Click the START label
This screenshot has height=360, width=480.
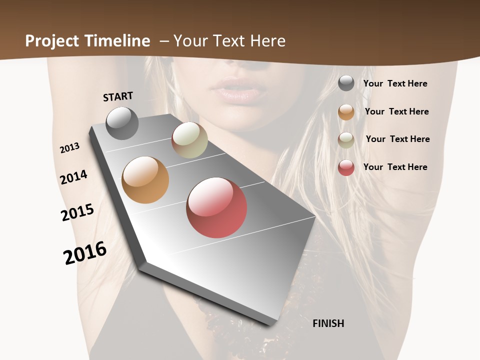click(118, 96)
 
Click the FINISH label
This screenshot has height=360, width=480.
click(328, 323)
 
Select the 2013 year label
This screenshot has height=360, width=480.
click(69, 148)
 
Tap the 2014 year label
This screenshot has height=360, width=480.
click(73, 177)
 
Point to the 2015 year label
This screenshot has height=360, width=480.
click(77, 212)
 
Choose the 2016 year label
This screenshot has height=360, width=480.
click(85, 253)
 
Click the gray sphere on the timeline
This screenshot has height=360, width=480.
click(122, 123)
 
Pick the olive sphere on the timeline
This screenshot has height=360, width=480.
click(189, 140)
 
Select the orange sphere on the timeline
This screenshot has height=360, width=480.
click(145, 179)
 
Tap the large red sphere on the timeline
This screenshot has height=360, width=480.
click(216, 207)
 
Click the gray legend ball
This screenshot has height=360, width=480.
click(346, 83)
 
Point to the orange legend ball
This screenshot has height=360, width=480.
click(346, 112)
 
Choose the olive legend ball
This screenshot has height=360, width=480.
click(346, 140)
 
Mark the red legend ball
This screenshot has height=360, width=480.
click(346, 167)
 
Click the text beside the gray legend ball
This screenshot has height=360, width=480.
click(395, 83)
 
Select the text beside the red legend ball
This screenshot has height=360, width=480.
click(395, 167)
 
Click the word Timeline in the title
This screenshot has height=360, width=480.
click(117, 41)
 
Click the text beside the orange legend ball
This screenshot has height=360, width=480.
click(396, 111)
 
